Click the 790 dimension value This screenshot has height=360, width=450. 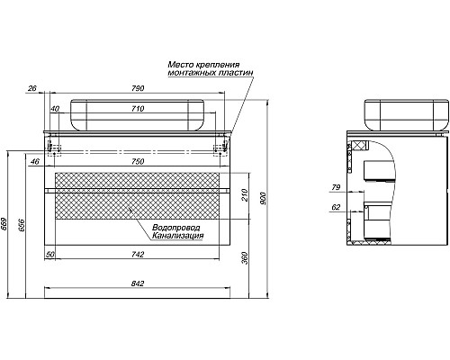coord(139,88)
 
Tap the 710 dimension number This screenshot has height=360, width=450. coord(138,109)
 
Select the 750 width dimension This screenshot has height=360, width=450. coord(138,161)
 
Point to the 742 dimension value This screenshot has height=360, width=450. coord(138,255)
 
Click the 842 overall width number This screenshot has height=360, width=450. coord(138,283)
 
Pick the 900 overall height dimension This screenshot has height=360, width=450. coord(263,199)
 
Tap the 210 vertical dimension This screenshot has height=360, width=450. coord(245,195)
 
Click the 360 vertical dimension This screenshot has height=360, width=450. coord(245,258)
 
